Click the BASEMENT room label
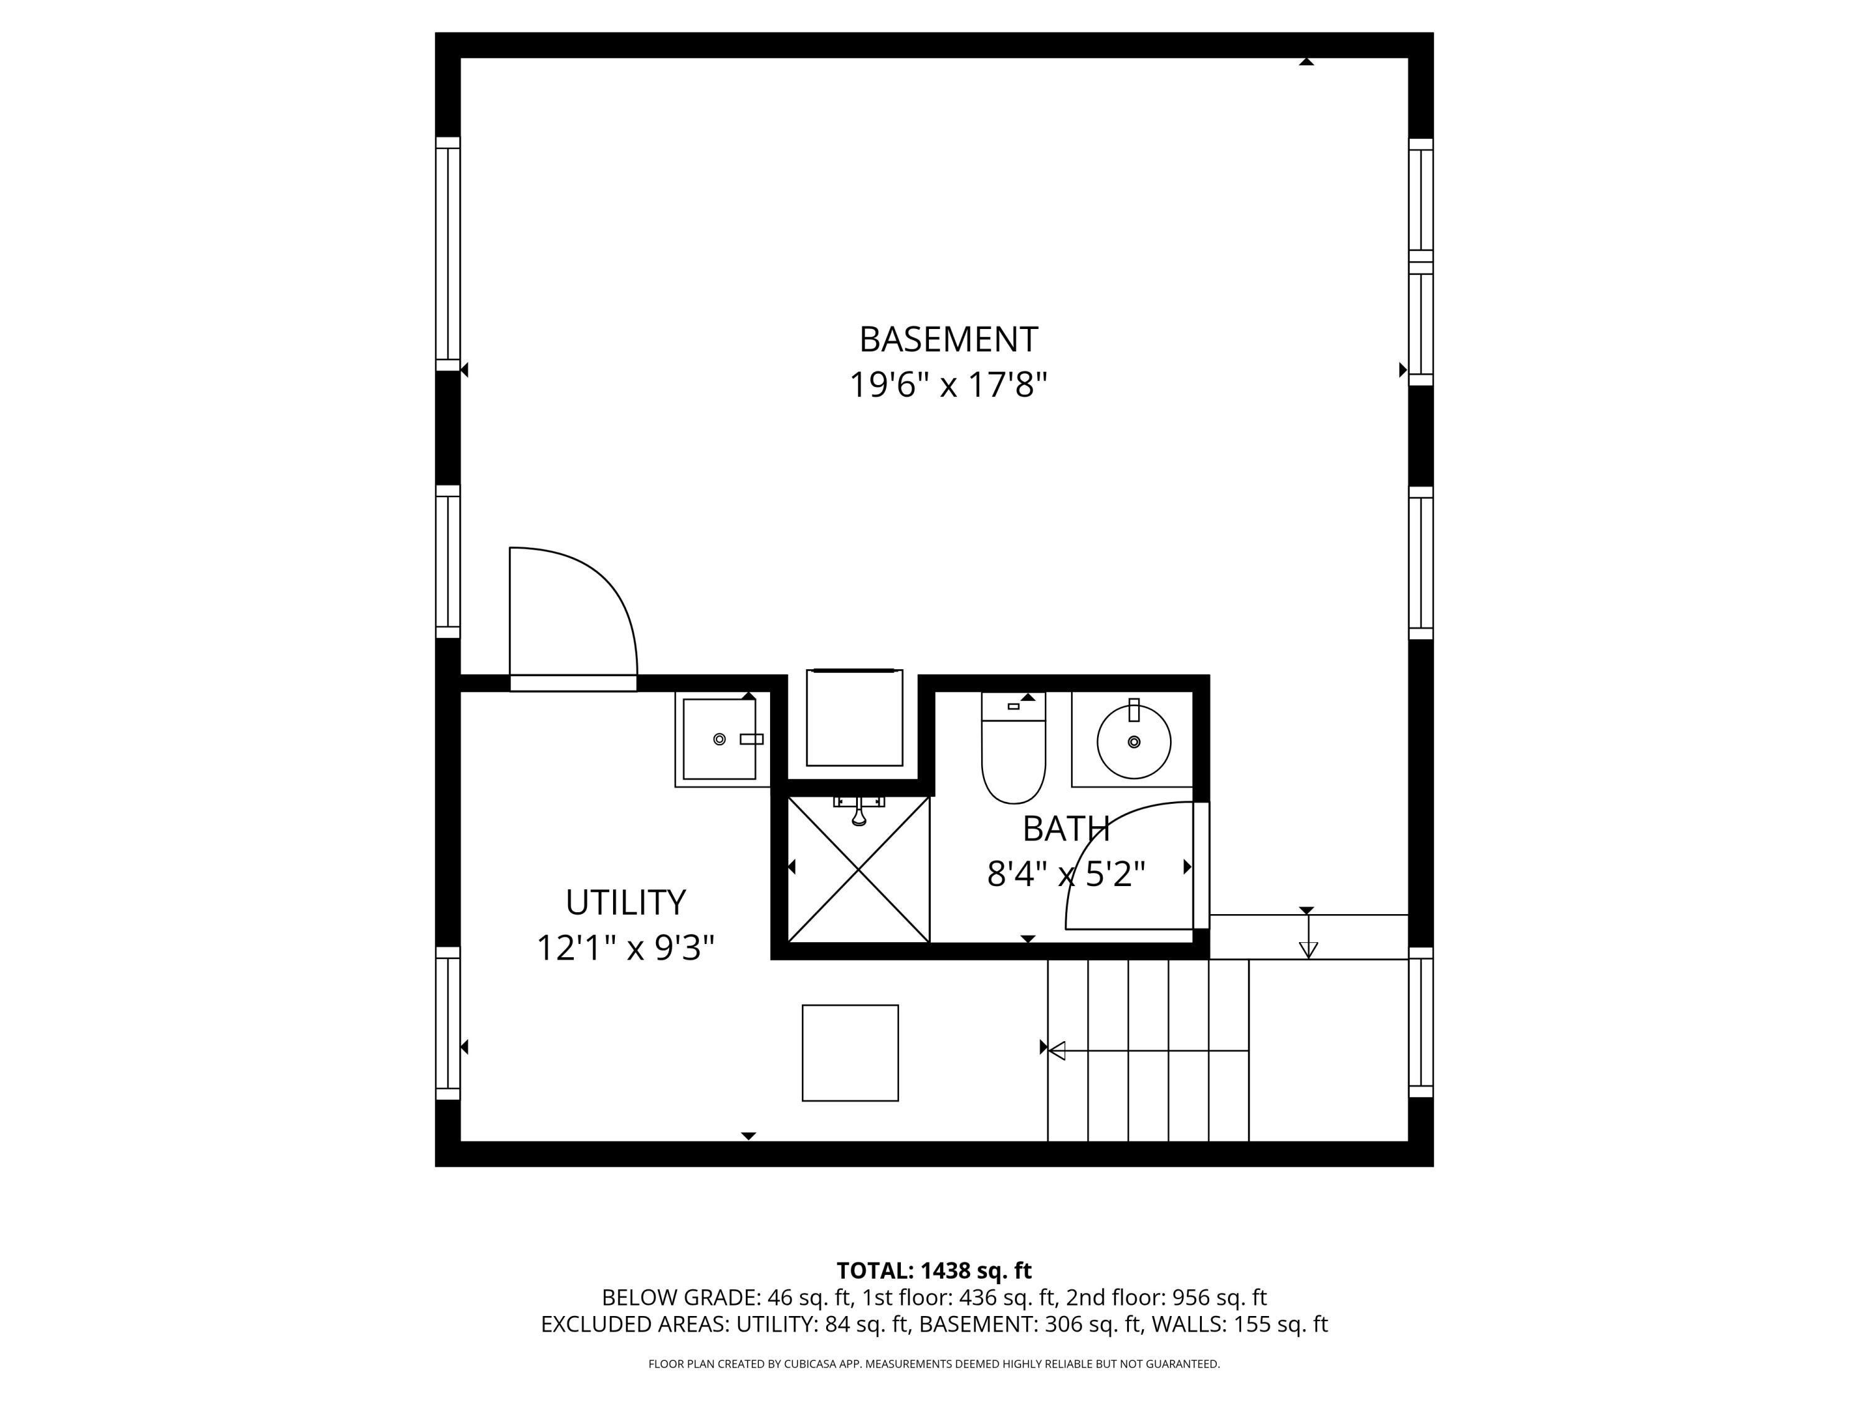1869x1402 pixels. click(948, 340)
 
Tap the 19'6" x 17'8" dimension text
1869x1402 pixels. click(948, 385)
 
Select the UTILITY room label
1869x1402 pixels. click(625, 902)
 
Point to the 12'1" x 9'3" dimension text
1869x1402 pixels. click(625, 948)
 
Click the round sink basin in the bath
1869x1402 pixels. click(1133, 742)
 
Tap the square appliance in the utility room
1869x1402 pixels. click(849, 1053)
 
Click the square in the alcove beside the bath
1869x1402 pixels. click(854, 718)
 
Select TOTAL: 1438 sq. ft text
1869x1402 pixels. click(934, 1271)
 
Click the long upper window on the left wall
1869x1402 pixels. click(448, 254)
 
